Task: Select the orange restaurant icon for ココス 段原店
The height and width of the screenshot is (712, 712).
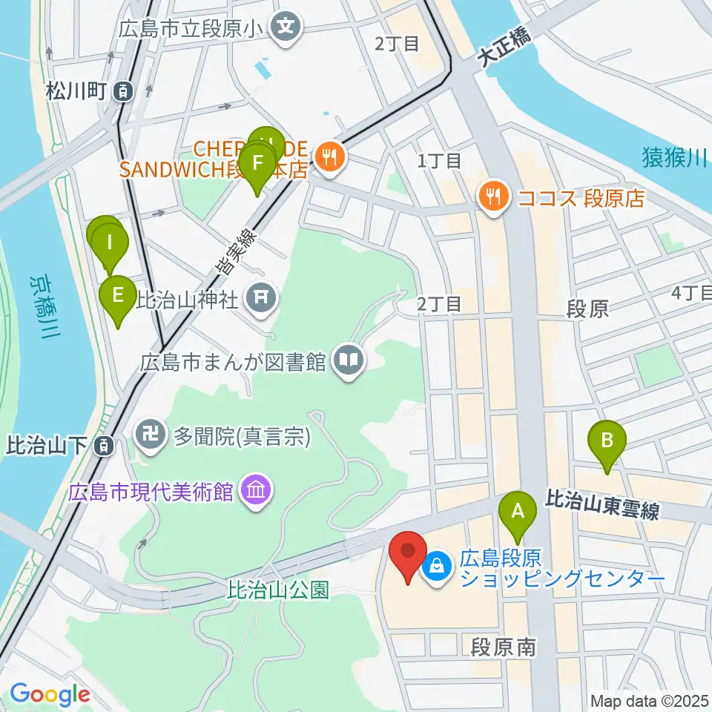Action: (492, 197)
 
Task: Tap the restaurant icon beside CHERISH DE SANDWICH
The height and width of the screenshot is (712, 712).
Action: (326, 156)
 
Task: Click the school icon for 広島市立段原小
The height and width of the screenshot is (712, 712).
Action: (285, 28)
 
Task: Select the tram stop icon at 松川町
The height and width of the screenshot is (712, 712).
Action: (123, 92)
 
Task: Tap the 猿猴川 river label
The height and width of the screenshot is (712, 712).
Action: (673, 157)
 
